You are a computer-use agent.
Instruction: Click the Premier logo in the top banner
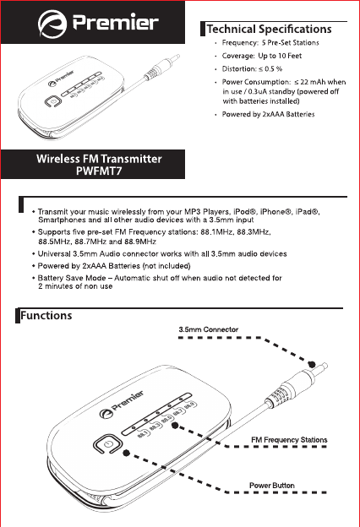pos(98,23)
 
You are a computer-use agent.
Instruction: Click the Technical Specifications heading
pos(270,29)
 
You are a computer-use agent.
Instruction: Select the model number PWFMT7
pos(99,171)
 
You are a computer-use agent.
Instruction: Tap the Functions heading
pos(46,316)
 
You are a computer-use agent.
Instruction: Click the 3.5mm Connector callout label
pos(209,329)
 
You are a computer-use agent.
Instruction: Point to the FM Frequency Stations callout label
pos(289,440)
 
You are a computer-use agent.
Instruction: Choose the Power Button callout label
pos(272,486)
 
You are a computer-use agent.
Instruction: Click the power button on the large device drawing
pos(107,444)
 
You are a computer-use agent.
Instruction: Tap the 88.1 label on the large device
pos(143,433)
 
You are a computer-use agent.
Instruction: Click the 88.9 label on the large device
pos(190,405)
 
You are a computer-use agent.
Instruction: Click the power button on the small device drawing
pos(53,101)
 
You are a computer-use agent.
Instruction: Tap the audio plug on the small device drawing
pos(162,65)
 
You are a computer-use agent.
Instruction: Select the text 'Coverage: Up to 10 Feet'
pos(262,56)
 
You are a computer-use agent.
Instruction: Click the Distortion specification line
pos(252,69)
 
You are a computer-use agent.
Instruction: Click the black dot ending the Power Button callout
pos(127,453)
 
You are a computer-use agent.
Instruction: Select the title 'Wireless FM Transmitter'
pos(99,159)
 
